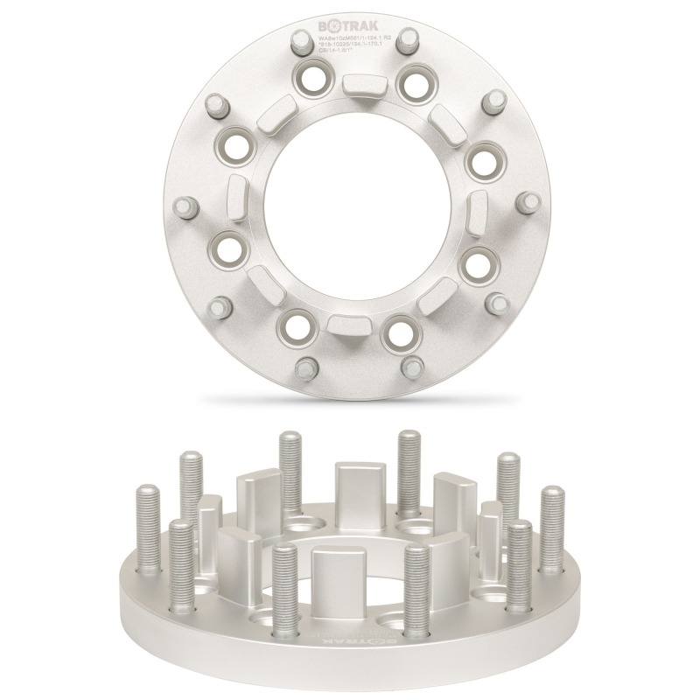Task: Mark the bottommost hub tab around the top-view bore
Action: tap(350, 324)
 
